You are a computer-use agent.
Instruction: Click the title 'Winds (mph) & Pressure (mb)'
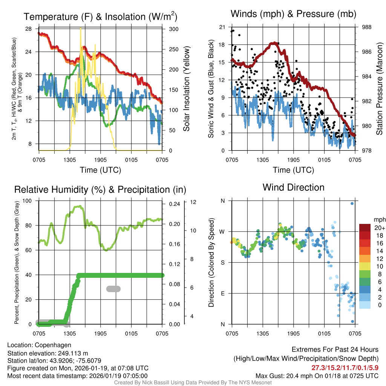[293, 14]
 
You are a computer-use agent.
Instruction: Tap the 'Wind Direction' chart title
[293, 187]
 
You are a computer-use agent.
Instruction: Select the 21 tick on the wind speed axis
[222, 27]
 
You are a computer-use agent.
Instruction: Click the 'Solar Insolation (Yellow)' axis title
[187, 89]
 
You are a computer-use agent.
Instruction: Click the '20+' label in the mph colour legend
[379, 228]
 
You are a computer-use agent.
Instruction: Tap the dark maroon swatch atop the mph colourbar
[365, 228]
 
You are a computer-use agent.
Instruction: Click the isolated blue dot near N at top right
[352, 204]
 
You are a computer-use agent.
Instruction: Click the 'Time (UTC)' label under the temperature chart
[100, 170]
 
